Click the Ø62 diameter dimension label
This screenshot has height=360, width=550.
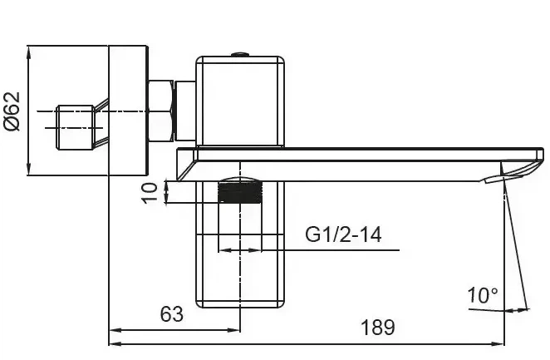[12, 111]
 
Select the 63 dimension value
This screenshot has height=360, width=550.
[171, 314]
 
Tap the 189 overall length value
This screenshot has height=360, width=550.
[377, 328]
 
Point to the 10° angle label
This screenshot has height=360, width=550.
[483, 295]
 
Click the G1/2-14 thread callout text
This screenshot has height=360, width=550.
[343, 234]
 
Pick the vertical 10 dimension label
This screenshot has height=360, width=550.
[150, 192]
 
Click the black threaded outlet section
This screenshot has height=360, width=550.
[240, 192]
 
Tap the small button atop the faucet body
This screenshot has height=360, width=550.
[240, 54]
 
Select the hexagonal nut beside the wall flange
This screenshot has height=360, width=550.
[160, 111]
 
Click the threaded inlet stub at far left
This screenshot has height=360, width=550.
[75, 127]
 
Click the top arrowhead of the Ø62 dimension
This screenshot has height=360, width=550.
[29, 52]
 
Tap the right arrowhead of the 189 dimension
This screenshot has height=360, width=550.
[498, 343]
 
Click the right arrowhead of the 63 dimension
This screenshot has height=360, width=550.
[234, 330]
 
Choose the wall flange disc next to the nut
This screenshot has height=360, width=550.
[128, 111]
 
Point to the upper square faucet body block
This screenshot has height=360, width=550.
[240, 101]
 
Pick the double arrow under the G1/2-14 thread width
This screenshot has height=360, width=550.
[240, 250]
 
